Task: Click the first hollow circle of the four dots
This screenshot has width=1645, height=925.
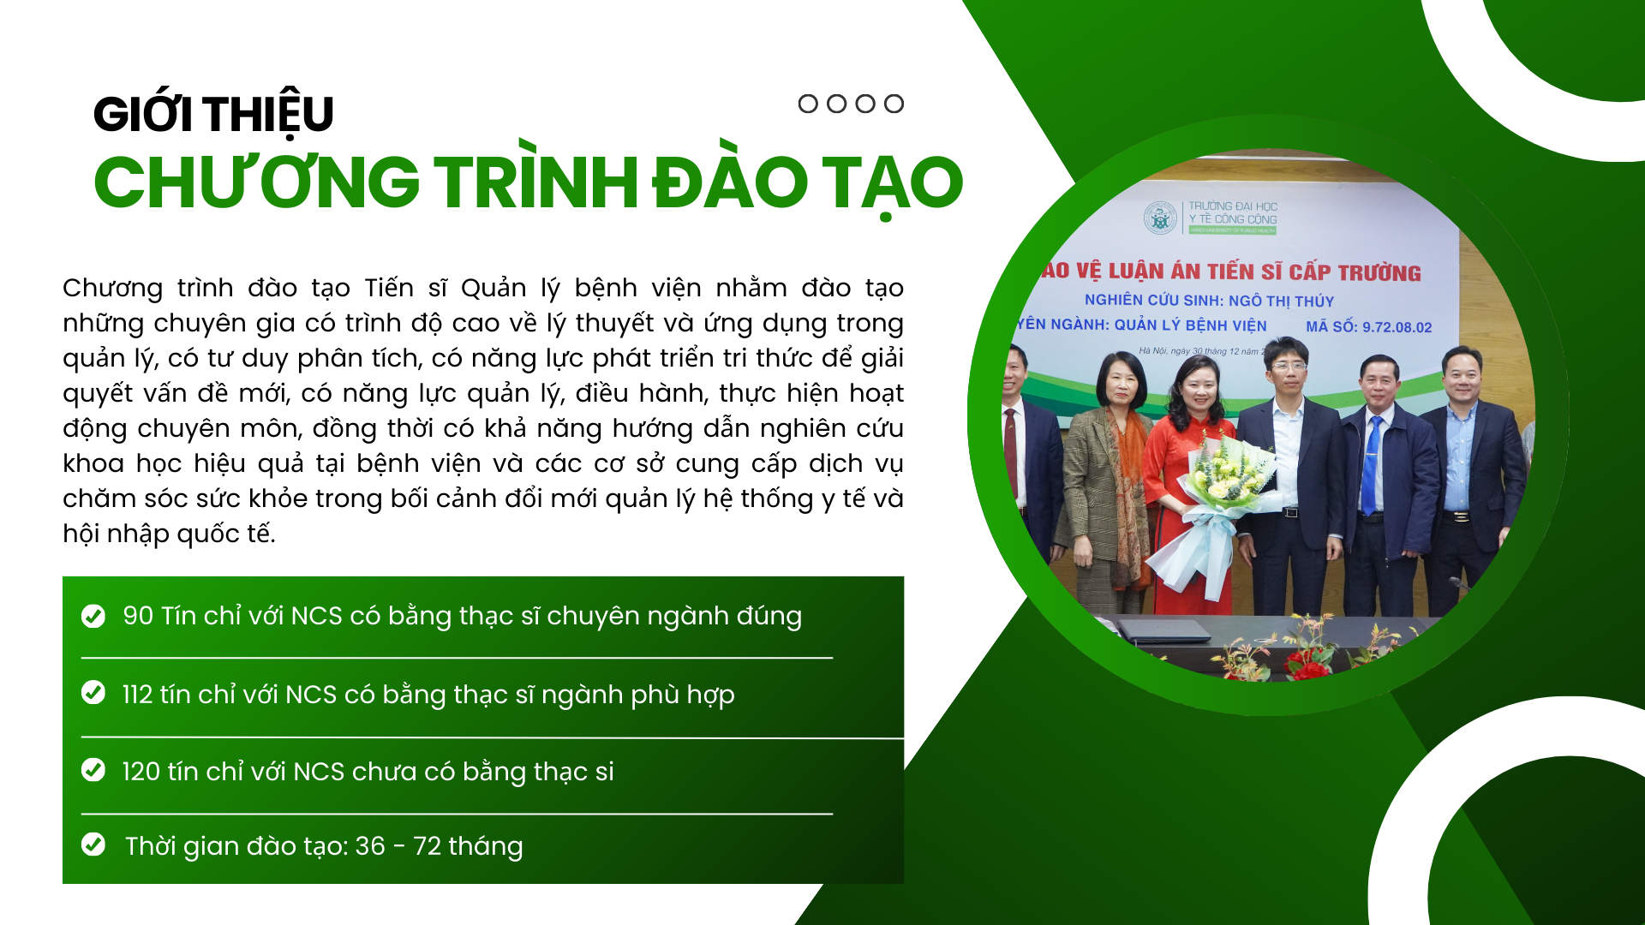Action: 808,104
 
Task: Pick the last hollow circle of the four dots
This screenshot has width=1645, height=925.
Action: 894,104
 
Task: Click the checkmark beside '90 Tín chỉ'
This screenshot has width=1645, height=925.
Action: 93,616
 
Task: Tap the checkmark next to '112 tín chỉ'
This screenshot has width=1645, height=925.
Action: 93,692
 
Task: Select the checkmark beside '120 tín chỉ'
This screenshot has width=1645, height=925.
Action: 93,770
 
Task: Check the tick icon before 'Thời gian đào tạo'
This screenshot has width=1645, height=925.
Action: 93,844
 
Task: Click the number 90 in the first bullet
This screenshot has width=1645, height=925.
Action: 138,616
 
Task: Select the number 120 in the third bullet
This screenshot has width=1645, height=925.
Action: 141,771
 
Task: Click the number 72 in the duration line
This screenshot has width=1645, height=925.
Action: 428,846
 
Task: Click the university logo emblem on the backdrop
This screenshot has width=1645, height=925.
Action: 1161,218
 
